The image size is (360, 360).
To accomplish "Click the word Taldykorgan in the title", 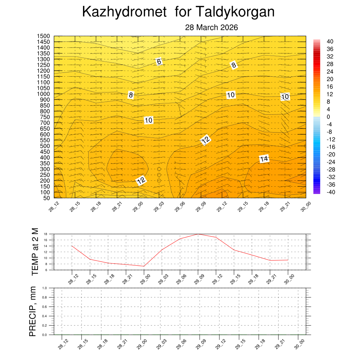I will coord(234,12).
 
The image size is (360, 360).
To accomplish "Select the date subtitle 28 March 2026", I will coord(212,27).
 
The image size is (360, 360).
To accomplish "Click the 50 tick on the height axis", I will coord(46,198).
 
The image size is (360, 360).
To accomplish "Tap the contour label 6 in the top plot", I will coord(159,62).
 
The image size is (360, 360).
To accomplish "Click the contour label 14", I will coord(264,159).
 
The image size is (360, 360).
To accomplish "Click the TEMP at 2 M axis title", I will coord(35,252).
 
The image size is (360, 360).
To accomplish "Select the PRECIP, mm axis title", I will coord(33,311).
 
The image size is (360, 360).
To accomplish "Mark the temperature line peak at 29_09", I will coord(198,234).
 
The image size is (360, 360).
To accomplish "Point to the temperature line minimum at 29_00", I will coord(144,266).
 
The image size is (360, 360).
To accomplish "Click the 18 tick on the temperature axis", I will coord(45,234).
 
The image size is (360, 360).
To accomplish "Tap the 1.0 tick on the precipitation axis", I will coord(45,288).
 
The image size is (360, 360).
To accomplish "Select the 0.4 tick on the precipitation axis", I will coord(45,316).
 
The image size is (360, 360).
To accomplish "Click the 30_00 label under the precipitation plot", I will coord(300,342).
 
